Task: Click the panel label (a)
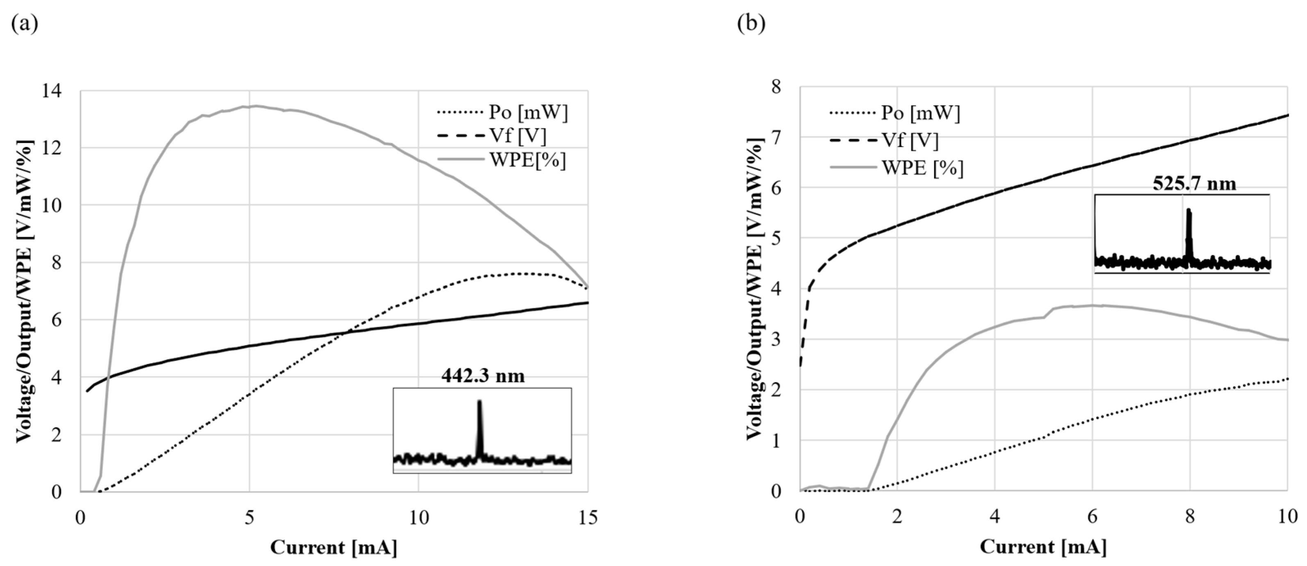pyautogui.click(x=24, y=24)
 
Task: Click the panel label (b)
pyautogui.click(x=751, y=24)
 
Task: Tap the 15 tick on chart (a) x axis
pyautogui.click(x=588, y=518)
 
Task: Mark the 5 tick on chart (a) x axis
pyautogui.click(x=249, y=518)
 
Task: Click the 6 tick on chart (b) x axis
pyautogui.click(x=1092, y=517)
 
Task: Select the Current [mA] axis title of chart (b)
pyautogui.click(x=1043, y=547)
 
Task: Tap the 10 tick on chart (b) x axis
pyautogui.click(x=1286, y=517)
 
